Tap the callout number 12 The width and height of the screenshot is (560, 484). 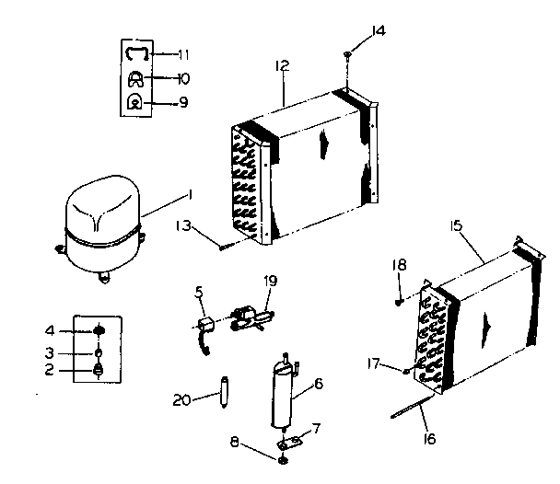click(283, 65)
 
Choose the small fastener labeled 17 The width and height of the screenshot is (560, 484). click(406, 372)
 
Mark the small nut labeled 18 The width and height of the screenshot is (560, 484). click(399, 300)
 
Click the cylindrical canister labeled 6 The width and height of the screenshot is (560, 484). click(282, 397)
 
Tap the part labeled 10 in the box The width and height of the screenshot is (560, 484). click(136, 78)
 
